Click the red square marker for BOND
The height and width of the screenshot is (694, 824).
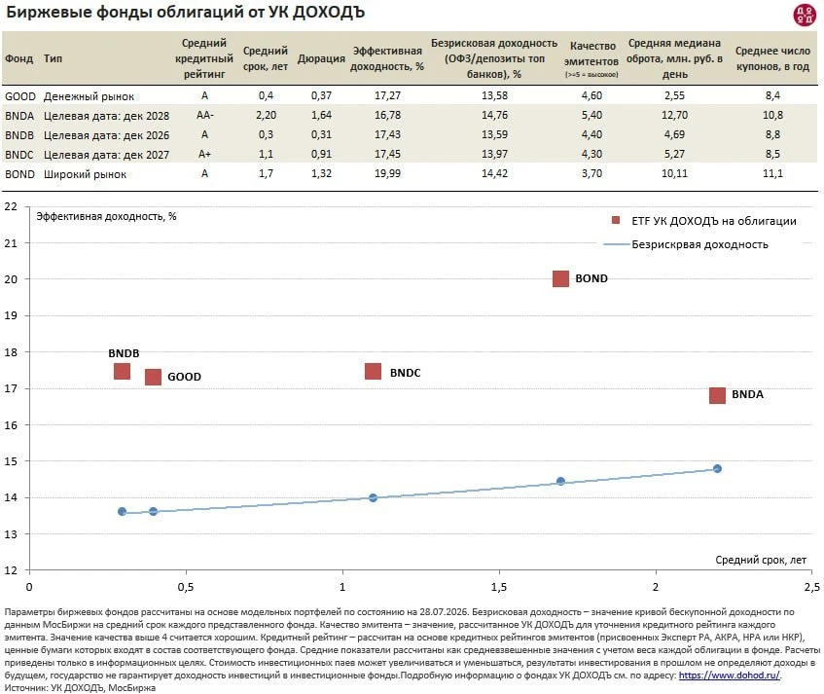click(x=560, y=278)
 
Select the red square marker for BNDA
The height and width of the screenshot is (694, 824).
click(x=717, y=395)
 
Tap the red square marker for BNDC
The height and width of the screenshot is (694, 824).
click(x=374, y=372)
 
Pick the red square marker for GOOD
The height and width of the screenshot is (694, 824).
click(x=153, y=377)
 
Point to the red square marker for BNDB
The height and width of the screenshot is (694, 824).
click(x=122, y=371)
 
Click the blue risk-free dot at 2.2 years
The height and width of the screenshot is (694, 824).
click(x=717, y=468)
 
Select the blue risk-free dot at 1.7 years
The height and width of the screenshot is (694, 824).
click(x=560, y=481)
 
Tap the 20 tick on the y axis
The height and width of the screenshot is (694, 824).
click(x=11, y=279)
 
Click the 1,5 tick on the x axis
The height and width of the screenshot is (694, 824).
click(x=499, y=587)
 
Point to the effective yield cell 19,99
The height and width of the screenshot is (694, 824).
click(x=387, y=173)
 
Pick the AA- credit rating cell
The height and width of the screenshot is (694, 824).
click(x=205, y=115)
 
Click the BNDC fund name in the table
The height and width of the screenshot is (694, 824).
click(x=18, y=155)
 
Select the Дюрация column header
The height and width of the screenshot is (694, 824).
click(x=321, y=58)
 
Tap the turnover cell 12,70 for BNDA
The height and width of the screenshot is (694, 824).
click(x=674, y=115)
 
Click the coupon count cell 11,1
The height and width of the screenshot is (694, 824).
click(x=772, y=173)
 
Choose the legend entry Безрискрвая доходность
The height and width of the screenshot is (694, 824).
click(x=699, y=244)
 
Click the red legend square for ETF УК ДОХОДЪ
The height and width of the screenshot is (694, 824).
click(x=616, y=220)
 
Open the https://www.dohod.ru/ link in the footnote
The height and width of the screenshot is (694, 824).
click(x=730, y=676)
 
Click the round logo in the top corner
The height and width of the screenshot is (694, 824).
click(x=804, y=15)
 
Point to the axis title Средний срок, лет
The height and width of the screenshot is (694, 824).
click(x=761, y=560)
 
